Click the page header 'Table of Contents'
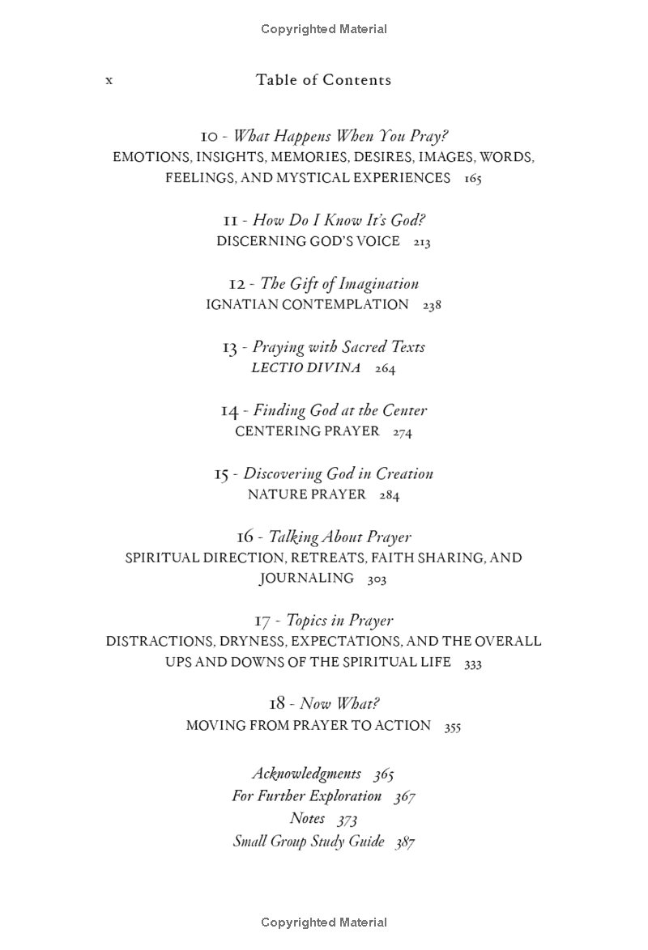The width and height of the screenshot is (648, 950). (323, 79)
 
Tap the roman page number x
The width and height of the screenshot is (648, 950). (109, 80)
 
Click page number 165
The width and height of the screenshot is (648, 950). (473, 179)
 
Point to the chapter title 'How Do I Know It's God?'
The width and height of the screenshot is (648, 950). (339, 220)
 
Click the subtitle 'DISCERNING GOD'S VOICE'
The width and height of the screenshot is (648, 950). (308, 241)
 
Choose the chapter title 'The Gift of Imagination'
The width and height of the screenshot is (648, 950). (339, 283)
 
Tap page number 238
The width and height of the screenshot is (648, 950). (432, 305)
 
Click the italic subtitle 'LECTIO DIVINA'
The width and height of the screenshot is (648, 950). (306, 367)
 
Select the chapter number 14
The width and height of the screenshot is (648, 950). (229, 411)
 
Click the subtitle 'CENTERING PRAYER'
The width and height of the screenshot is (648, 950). (307, 431)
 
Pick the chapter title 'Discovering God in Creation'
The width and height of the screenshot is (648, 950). (338, 473)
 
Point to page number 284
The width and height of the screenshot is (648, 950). (390, 495)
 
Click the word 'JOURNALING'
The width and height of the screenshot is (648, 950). (306, 578)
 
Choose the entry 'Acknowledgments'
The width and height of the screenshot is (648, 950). (306, 773)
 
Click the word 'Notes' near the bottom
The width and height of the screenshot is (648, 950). (307, 818)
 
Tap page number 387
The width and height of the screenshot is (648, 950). (405, 842)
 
